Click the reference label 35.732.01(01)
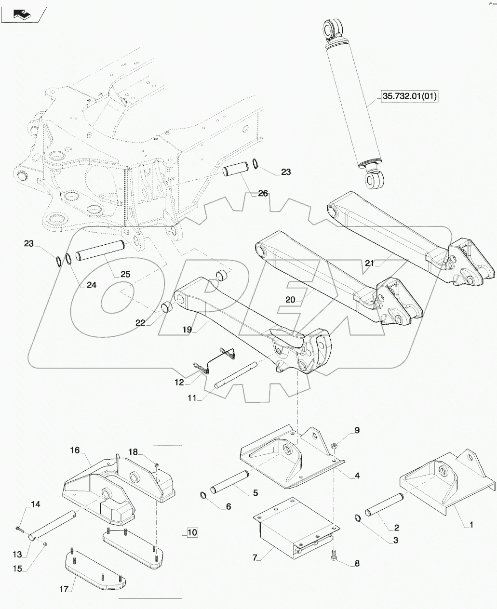(x=410, y=96)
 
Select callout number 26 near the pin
(x=263, y=194)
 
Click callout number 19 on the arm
(x=187, y=330)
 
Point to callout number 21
(x=369, y=263)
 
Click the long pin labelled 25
(x=101, y=251)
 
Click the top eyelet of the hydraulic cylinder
(x=332, y=27)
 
